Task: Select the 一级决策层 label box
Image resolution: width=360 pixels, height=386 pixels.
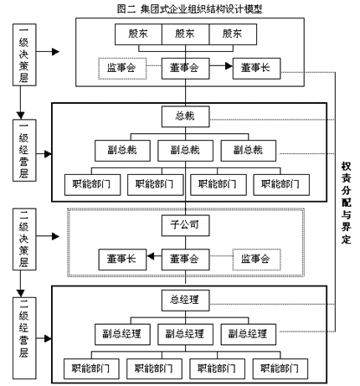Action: point(24,54)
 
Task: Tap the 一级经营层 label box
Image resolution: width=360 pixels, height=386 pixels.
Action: point(24,151)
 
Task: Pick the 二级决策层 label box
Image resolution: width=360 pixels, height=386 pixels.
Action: point(24,239)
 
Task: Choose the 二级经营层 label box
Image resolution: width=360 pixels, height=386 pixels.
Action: point(24,338)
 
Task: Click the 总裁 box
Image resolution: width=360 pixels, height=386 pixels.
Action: point(185,116)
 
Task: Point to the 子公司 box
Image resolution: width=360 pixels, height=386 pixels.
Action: point(185,225)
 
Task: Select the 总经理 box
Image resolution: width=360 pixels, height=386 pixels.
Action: point(185,301)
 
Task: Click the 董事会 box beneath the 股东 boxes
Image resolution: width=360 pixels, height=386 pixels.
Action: point(185,69)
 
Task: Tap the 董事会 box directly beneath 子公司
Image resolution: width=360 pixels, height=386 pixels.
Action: point(185,260)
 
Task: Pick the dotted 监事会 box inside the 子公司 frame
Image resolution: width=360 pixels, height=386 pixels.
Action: point(256,260)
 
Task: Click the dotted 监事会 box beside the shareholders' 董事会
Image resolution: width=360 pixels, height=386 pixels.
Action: point(122,69)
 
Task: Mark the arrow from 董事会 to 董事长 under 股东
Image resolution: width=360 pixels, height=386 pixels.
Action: point(221,66)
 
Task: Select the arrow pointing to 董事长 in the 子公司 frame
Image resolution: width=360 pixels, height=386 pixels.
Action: point(154,256)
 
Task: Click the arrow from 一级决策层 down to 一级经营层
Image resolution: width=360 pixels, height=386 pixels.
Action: point(20,102)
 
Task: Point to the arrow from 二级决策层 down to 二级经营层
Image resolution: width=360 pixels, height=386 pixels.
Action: point(20,284)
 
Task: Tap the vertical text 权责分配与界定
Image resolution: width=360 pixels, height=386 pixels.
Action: point(346,203)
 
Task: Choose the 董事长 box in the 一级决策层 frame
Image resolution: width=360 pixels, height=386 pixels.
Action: point(256,69)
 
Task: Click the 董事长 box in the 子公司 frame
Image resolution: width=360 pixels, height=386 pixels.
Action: point(122,260)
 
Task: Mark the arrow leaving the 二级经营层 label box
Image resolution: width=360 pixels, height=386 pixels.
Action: point(44,338)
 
